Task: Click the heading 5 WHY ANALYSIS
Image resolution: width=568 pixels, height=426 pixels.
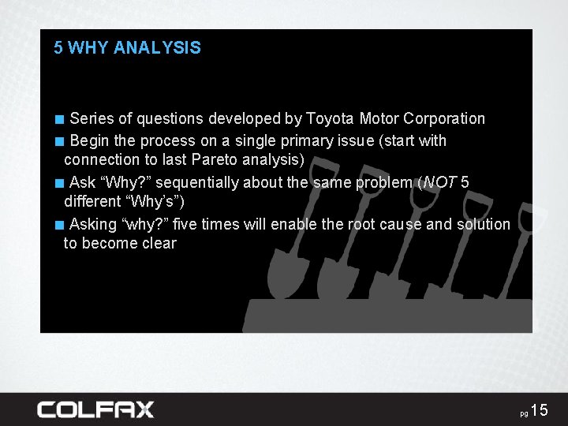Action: click(127, 47)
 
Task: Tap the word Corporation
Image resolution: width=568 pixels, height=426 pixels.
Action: click(444, 119)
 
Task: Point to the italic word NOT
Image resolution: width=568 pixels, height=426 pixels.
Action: click(441, 183)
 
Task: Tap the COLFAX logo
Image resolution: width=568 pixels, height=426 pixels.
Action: click(95, 409)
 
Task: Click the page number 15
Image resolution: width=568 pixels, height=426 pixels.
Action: click(539, 410)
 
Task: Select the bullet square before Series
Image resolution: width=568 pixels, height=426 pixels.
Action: click(59, 120)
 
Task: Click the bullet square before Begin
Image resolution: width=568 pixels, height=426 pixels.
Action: click(59, 142)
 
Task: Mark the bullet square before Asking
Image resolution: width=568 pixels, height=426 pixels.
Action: click(59, 225)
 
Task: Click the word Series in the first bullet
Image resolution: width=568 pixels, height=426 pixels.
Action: click(92, 119)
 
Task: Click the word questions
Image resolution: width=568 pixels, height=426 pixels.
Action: click(170, 119)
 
